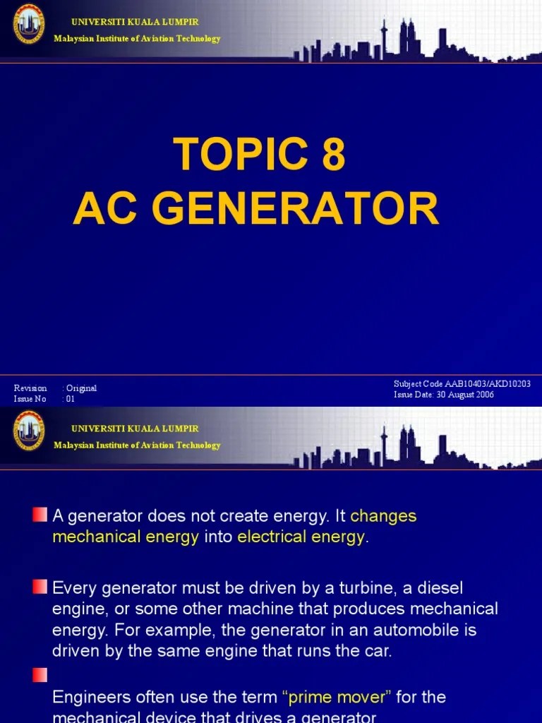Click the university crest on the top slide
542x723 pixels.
(x=29, y=26)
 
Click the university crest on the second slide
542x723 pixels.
(x=29, y=431)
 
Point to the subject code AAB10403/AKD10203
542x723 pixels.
(x=486, y=383)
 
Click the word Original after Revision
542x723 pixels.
(x=81, y=388)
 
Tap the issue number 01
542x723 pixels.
(x=70, y=399)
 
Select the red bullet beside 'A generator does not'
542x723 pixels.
(x=40, y=512)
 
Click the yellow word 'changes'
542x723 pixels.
(x=383, y=516)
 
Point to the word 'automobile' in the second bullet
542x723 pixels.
(x=399, y=629)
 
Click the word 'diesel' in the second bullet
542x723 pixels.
(x=442, y=587)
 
